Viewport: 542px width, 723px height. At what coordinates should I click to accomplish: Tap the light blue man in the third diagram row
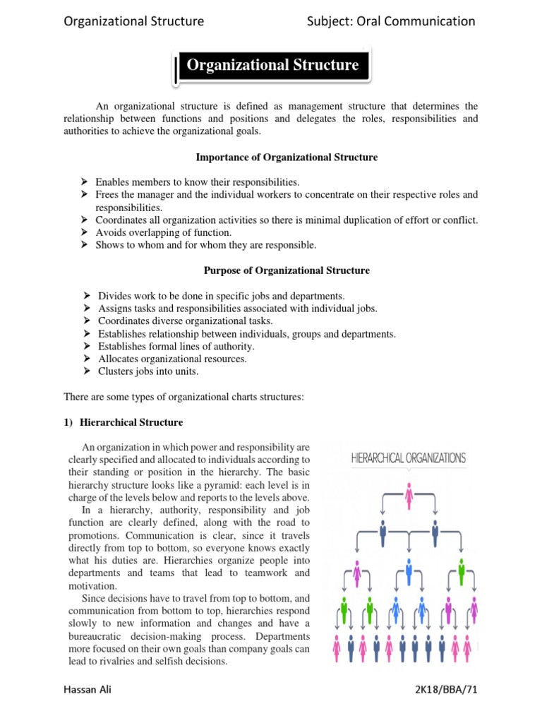[x=409, y=570]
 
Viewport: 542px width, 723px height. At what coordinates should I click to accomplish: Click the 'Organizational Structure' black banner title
[x=272, y=66]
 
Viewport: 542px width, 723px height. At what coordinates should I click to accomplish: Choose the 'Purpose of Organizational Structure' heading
[x=287, y=270]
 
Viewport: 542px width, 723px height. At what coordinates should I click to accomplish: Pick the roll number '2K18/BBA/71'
[x=443, y=690]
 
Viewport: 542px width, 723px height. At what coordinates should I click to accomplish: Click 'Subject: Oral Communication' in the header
[x=391, y=21]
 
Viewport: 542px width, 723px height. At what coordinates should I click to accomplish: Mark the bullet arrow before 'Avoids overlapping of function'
[x=83, y=232]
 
